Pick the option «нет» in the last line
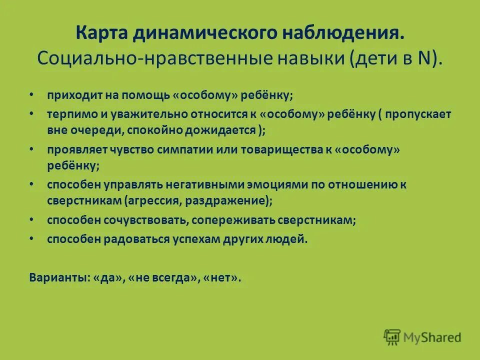tap(221, 277)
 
